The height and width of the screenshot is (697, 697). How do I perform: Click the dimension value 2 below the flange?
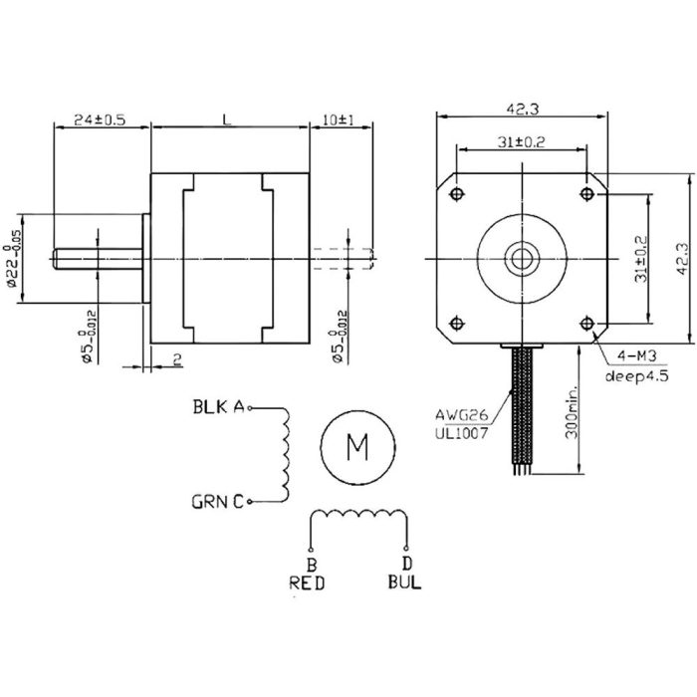point(175,360)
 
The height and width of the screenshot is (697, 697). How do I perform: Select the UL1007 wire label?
point(461,431)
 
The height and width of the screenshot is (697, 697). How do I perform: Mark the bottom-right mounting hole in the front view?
point(585,322)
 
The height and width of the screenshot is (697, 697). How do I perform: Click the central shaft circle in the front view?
point(522,257)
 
